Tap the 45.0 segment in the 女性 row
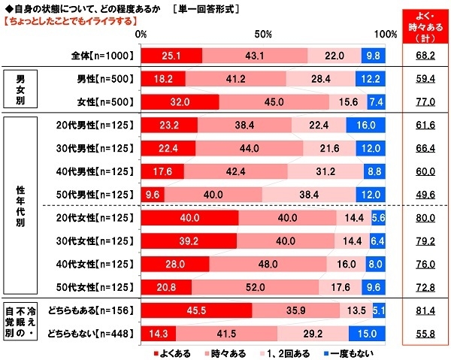click(274, 103)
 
